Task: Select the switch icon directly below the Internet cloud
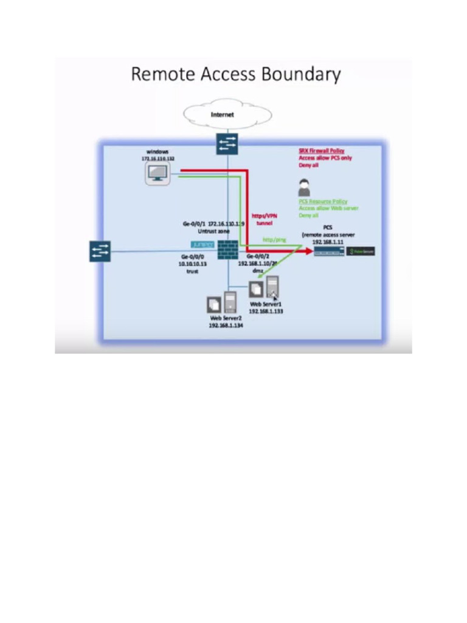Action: (227, 144)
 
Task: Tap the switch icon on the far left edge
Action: (100, 251)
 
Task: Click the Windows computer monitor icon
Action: (157, 174)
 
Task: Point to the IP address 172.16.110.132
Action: (157, 158)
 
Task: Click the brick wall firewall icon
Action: (228, 250)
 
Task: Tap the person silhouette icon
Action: (304, 187)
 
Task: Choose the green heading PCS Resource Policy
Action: (323, 201)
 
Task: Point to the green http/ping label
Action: (274, 240)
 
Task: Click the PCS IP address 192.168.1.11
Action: (328, 242)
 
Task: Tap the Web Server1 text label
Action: (266, 304)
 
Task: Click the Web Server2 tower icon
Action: (230, 302)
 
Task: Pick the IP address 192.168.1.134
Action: (226, 325)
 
